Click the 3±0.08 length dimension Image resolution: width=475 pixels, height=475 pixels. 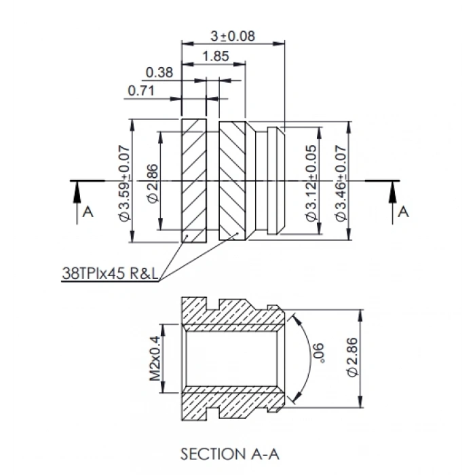tap(232, 37)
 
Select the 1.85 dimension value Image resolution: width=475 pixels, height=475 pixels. tap(215, 57)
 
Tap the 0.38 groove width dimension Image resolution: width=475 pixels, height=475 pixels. tap(159, 73)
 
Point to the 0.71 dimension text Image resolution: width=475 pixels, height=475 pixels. tap(140, 90)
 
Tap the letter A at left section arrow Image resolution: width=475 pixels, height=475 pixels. tap(87, 212)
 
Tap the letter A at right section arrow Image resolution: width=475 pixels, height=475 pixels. tap(403, 212)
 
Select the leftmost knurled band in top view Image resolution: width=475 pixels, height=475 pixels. tap(193, 180)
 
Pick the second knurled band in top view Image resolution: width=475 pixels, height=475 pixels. tap(232, 180)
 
